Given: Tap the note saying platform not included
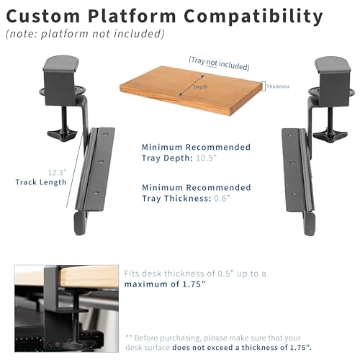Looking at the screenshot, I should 85,33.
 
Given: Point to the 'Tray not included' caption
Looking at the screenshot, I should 219,63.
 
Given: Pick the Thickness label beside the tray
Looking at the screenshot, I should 278,86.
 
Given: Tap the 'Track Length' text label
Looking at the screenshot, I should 41,183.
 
